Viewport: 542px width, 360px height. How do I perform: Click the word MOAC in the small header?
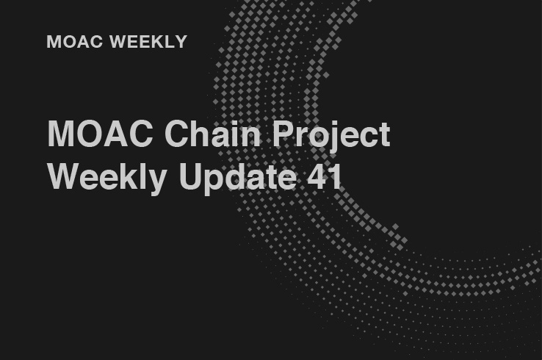point(75,42)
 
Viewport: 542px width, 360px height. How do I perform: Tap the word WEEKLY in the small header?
point(148,42)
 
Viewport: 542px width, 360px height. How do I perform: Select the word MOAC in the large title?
point(100,134)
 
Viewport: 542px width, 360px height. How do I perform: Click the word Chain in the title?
point(212,134)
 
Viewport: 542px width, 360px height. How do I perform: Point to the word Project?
point(331,136)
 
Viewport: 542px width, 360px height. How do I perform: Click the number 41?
point(325,176)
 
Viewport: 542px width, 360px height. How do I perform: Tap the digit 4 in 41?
point(317,176)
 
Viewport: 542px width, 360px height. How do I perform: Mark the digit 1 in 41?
point(336,176)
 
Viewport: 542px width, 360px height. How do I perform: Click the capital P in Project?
point(283,134)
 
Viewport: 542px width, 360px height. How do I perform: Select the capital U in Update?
point(191,176)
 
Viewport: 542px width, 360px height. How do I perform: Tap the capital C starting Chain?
point(177,134)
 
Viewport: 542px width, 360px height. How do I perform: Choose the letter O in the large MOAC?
point(89,134)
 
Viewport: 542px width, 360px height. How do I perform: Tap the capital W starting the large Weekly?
point(65,176)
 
